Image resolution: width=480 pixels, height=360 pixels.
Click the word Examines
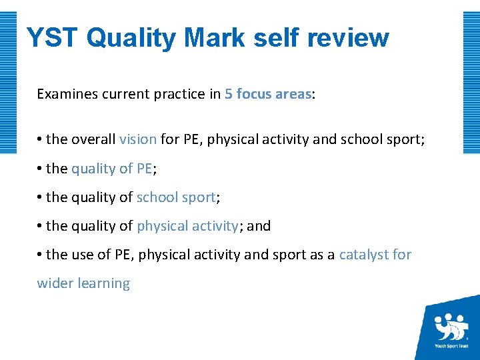(x=65, y=94)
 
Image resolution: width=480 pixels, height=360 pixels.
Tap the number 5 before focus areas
(x=229, y=94)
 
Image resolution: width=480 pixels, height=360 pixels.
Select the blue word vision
(x=138, y=139)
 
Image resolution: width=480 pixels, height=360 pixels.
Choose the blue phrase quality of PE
(x=112, y=169)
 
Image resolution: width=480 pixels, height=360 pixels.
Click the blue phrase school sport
(x=176, y=197)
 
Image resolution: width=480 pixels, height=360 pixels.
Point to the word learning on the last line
(x=104, y=283)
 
